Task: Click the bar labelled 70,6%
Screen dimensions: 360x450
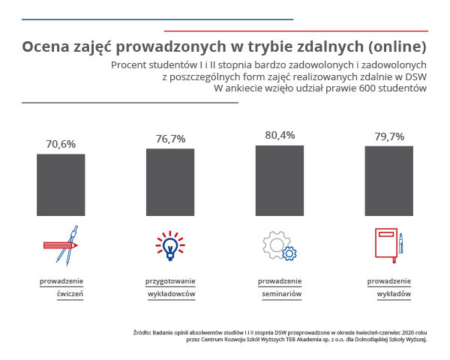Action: coord(61,185)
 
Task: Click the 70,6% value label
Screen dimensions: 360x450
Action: coord(61,144)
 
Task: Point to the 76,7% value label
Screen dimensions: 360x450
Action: coord(170,139)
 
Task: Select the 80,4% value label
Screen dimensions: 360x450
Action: coord(280,135)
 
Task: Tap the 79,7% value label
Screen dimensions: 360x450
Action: coord(388,136)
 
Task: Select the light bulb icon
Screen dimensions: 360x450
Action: coord(170,245)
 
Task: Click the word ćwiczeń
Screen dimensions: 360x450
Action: coord(70,294)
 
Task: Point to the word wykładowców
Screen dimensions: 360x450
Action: coord(172,294)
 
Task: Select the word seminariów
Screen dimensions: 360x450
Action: coord(281,294)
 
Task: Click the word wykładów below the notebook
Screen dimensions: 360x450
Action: coord(394,294)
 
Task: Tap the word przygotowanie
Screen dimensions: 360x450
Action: coord(170,281)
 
